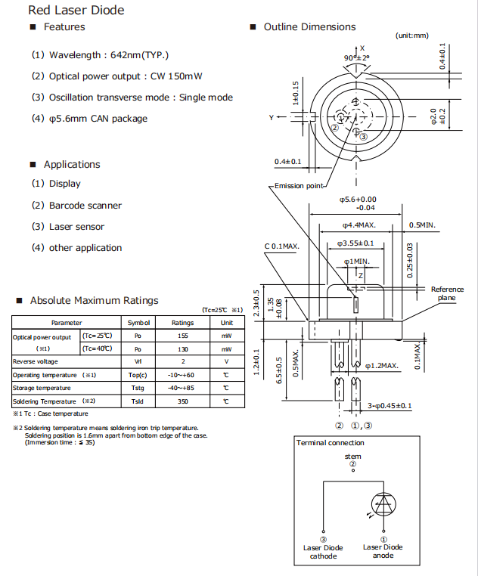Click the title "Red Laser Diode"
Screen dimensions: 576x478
(x=76, y=10)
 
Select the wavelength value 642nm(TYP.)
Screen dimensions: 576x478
(x=140, y=55)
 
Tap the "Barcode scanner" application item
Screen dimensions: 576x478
(x=85, y=206)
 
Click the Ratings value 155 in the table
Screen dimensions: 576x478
(x=182, y=336)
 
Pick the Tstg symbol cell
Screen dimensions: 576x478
(x=138, y=389)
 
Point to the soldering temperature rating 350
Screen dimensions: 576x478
(x=182, y=401)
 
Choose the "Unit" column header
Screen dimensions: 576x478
(x=226, y=323)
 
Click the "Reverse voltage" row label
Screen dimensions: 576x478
(x=35, y=362)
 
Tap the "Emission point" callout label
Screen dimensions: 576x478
(x=300, y=186)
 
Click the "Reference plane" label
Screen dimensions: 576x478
(x=447, y=294)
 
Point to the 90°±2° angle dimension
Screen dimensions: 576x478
(x=356, y=57)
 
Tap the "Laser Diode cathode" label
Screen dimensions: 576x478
(x=323, y=552)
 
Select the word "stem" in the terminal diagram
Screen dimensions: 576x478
(x=352, y=457)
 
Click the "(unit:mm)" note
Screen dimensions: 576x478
(x=411, y=36)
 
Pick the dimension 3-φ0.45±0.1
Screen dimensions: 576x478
(x=390, y=406)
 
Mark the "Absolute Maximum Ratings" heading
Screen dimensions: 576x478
(x=95, y=300)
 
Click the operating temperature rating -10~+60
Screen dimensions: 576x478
(x=182, y=375)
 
